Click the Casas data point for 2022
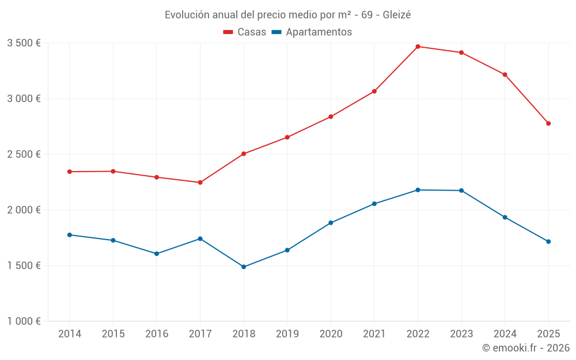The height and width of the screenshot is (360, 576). click(x=418, y=47)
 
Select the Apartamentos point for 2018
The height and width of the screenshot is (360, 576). click(x=244, y=267)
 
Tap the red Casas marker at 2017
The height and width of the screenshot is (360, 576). click(x=200, y=183)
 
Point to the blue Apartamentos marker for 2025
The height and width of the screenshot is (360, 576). click(x=548, y=241)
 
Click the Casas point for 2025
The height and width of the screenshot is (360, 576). click(x=548, y=123)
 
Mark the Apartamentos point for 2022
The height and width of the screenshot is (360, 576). click(x=418, y=190)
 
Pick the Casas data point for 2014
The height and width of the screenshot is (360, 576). click(x=69, y=172)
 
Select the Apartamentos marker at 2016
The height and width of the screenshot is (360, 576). click(x=157, y=253)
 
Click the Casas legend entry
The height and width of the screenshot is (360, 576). click(x=245, y=32)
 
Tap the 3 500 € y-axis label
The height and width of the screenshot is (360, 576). click(x=24, y=43)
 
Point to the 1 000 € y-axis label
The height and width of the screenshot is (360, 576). click(x=24, y=321)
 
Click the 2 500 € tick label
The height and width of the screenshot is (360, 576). click(x=24, y=154)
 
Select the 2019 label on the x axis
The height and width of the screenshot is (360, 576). click(x=287, y=334)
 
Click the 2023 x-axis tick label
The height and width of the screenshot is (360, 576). click(x=461, y=334)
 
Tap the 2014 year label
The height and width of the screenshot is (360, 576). click(x=69, y=334)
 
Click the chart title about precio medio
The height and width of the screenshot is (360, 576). click(x=287, y=14)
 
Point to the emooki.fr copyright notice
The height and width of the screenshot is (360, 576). click(x=526, y=348)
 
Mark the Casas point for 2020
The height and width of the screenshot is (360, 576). click(x=331, y=117)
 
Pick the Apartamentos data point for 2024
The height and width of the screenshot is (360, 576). click(x=505, y=217)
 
